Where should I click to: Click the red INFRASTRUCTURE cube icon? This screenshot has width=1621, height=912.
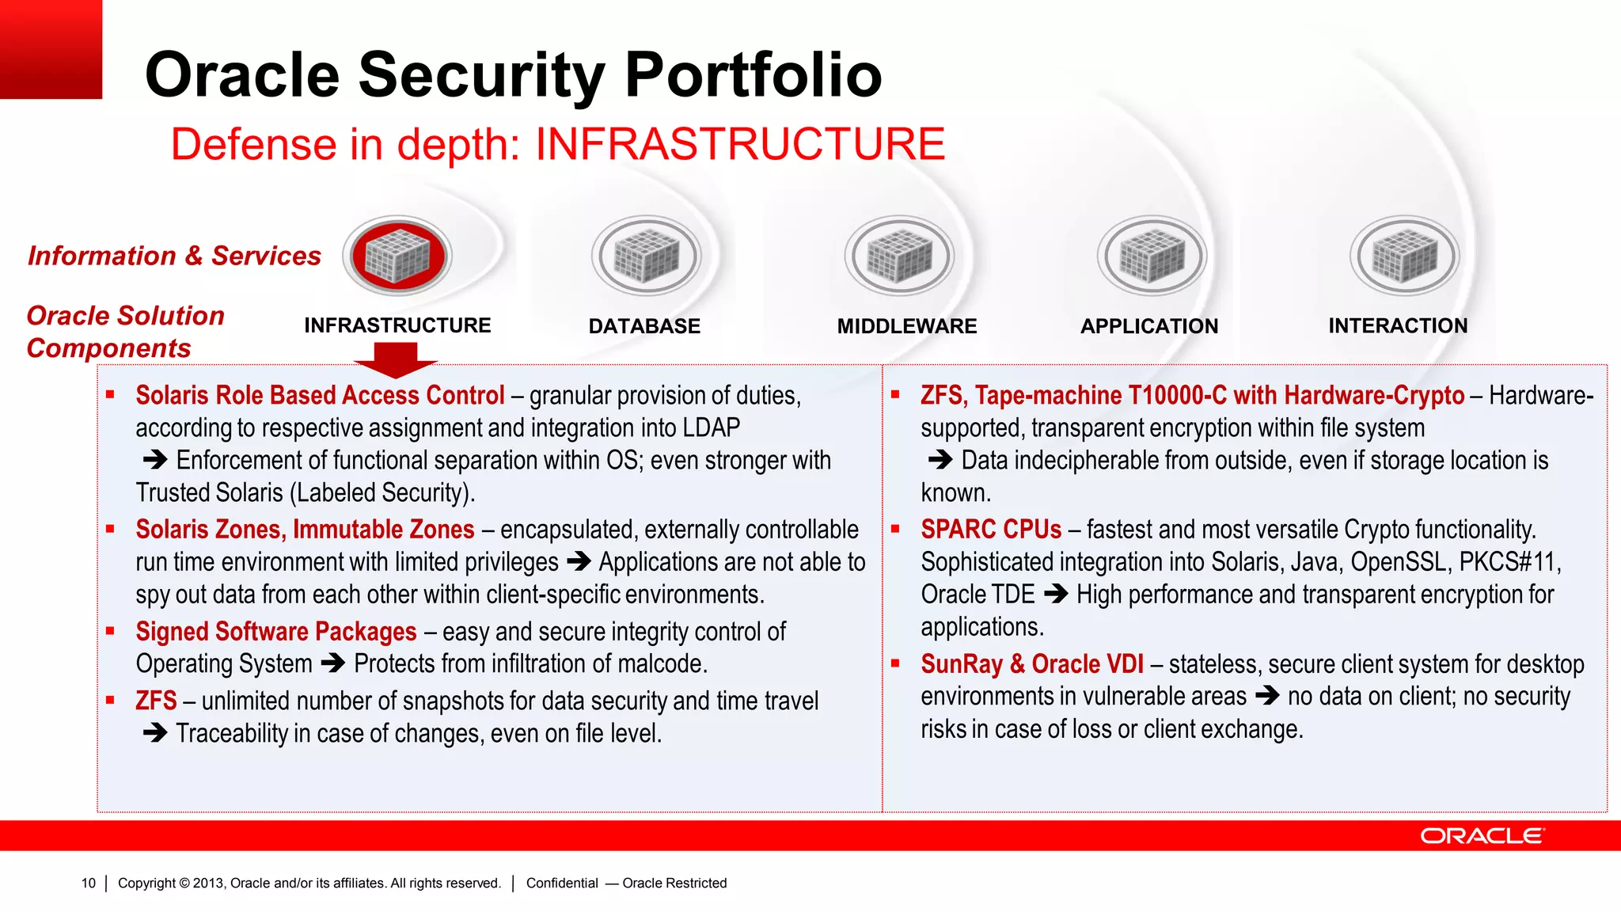pyautogui.click(x=398, y=256)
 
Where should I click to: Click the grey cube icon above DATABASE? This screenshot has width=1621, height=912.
pyautogui.click(x=647, y=256)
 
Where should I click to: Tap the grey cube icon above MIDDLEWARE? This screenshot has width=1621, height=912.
pyautogui.click(x=899, y=256)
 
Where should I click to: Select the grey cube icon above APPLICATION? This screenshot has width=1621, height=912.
pyautogui.click(x=1152, y=256)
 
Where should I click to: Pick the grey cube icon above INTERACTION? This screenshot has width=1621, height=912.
pyautogui.click(x=1404, y=256)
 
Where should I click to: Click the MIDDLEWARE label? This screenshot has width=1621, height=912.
pyautogui.click(x=906, y=326)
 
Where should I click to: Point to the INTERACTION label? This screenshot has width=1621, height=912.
pyautogui.click(x=1397, y=325)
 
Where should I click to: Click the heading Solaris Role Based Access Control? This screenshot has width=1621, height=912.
pyautogui.click(x=320, y=395)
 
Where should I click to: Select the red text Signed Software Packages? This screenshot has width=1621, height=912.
pyautogui.click(x=275, y=632)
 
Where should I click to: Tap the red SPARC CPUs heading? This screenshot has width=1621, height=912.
pyautogui.click(x=991, y=530)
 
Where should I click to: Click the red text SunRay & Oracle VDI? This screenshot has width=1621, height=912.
pyautogui.click(x=1031, y=664)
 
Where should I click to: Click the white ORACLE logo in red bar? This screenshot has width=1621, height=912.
pyautogui.click(x=1482, y=836)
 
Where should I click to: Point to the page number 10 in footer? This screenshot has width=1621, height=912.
pyautogui.click(x=88, y=883)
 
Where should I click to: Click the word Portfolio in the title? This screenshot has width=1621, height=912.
pyautogui.click(x=753, y=75)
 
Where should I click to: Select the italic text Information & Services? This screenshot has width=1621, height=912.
pyautogui.click(x=174, y=256)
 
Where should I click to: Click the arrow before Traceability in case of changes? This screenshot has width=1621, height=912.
pyautogui.click(x=154, y=733)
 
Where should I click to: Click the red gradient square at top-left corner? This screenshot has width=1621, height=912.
pyautogui.click(x=51, y=49)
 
